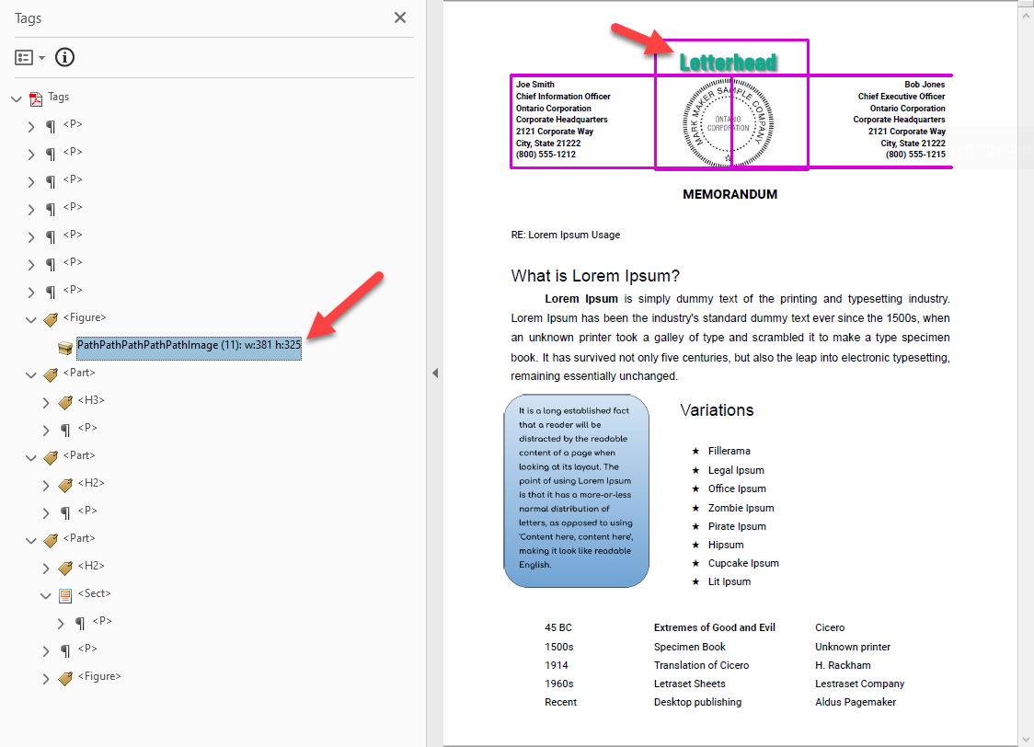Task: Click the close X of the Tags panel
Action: pos(400,17)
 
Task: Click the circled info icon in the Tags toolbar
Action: pos(64,57)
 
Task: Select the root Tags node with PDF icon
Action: pos(58,97)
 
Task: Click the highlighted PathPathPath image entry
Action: pos(189,345)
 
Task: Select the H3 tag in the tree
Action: pos(90,400)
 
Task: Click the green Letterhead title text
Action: pos(728,63)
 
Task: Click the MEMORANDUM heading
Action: pos(730,194)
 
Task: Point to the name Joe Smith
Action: pos(535,85)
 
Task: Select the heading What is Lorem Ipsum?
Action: pos(595,276)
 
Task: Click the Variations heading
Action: pos(717,410)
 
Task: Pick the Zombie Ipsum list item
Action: pos(741,508)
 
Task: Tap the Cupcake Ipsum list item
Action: pos(743,563)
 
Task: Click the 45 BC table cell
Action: pos(557,627)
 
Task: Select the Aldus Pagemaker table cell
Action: pos(855,702)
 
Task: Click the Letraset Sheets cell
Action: pos(689,684)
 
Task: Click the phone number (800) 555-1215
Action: pos(914,155)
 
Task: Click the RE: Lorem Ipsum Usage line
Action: pos(565,235)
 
